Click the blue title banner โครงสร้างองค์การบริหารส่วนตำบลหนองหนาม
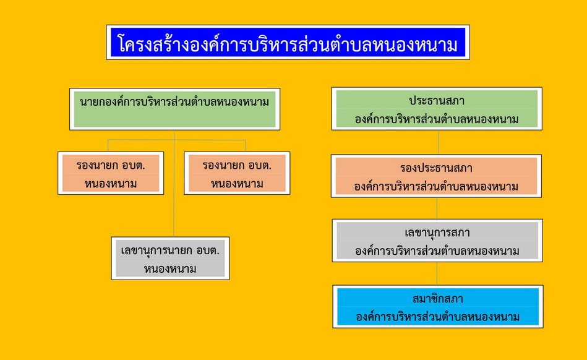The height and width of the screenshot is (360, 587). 288,42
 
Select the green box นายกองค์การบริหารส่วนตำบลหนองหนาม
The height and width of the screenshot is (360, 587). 175,109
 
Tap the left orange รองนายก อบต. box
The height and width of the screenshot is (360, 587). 111,173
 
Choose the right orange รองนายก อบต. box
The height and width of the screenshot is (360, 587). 237,173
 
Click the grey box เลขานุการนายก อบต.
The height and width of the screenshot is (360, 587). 170,258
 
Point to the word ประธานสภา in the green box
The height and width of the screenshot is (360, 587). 437,101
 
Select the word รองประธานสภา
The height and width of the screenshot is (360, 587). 436,168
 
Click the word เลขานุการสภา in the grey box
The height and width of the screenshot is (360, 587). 437,233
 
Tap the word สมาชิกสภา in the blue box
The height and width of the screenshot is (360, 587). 438,299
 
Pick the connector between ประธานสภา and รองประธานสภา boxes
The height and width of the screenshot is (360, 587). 439,142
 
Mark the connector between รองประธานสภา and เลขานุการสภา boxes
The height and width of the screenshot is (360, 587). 437,208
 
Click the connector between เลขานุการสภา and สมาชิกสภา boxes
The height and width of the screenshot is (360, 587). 437,273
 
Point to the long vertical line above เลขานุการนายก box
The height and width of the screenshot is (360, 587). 174,183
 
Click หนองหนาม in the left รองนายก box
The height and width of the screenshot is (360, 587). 111,184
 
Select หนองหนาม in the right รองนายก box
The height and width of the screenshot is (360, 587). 237,184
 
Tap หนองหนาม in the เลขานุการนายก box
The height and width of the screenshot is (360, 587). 170,268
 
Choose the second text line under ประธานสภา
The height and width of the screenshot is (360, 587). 437,119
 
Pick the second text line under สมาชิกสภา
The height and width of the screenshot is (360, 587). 438,317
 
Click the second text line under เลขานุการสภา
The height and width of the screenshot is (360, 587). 437,251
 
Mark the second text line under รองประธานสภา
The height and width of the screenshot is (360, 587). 436,186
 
